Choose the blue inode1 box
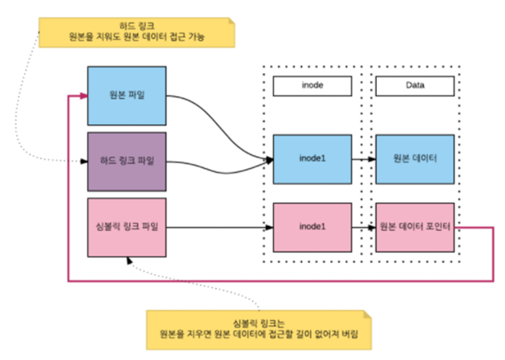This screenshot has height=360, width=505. pos(312,158)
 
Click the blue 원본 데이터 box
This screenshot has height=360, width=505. pos(414,158)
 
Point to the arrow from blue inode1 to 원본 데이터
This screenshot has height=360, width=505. pos(363,158)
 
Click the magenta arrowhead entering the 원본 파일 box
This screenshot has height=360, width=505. pos(82,95)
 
